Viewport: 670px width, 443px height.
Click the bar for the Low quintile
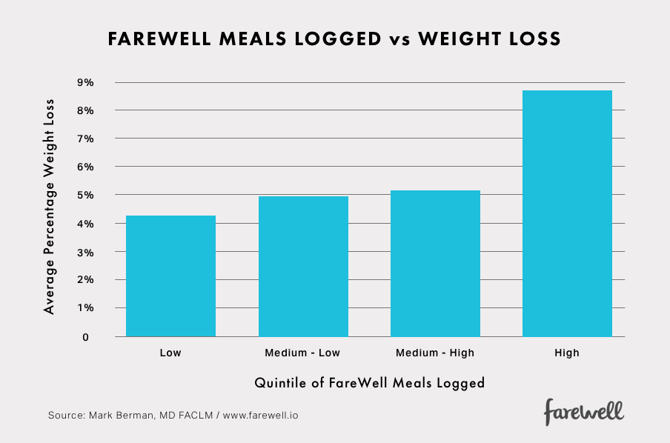click(170, 276)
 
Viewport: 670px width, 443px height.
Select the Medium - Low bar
click(303, 266)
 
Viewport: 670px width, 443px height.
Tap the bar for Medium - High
click(435, 263)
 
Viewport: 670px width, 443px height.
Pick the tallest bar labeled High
click(567, 213)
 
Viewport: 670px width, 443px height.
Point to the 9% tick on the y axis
click(84, 82)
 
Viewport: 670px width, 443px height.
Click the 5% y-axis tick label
click(84, 195)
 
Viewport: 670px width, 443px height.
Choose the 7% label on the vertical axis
click(84, 139)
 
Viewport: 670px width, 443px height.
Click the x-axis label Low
click(170, 353)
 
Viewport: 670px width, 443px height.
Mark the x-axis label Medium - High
click(435, 353)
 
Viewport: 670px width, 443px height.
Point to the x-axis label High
click(567, 353)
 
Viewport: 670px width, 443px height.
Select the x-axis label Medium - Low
click(303, 353)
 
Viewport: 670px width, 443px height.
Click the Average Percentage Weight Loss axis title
click(50, 205)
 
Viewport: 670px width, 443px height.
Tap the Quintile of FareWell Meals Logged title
click(369, 383)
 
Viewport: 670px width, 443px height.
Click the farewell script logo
click(584, 411)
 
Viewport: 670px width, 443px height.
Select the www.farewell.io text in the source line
click(260, 415)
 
